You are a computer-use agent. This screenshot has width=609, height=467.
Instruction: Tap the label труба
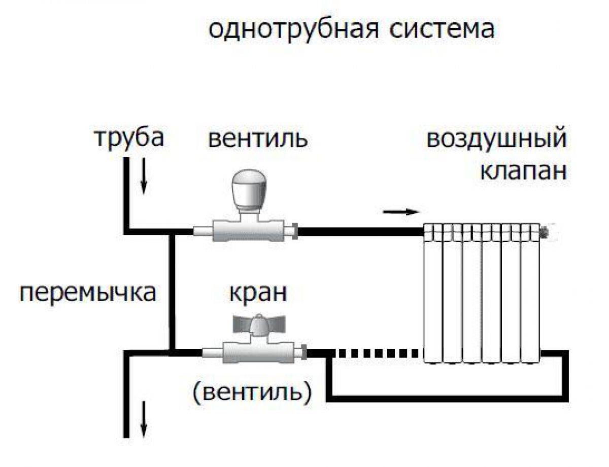coord(129,137)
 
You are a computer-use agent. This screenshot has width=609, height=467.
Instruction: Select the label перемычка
coord(87,293)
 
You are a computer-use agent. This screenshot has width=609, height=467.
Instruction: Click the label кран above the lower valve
coord(258,293)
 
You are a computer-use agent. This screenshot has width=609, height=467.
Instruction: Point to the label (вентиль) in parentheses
coord(252,391)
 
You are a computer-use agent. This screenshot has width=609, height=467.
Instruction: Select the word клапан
coord(523,171)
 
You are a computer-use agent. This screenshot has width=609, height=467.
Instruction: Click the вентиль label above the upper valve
coord(258,138)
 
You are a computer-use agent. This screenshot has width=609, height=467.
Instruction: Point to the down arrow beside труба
coord(144,183)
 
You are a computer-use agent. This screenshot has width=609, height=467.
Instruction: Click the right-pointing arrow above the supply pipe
coord(401,212)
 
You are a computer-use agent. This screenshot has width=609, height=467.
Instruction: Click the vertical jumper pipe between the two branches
coord(172,292)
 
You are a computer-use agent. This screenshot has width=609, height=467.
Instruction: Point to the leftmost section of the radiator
coord(433,294)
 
